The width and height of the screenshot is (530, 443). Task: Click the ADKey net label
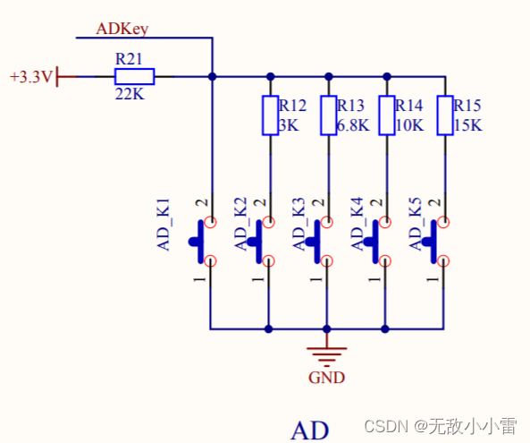[x=122, y=29]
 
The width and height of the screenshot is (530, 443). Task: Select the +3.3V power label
[x=30, y=78]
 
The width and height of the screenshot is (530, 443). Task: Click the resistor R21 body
[x=134, y=77]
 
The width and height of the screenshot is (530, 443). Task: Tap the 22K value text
[x=130, y=93]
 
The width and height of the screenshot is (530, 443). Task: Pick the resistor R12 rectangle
[x=269, y=115]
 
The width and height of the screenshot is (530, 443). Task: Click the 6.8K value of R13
[x=353, y=125]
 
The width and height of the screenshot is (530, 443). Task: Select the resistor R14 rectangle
[x=386, y=115]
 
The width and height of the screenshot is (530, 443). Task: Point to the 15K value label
[x=467, y=125]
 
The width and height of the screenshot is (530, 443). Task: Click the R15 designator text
[x=467, y=106]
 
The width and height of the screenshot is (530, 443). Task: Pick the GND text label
[x=327, y=377]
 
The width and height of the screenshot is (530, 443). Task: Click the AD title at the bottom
[x=310, y=430]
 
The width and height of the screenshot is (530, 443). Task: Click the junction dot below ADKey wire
[x=212, y=77]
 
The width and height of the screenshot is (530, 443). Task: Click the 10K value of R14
[x=408, y=125]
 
